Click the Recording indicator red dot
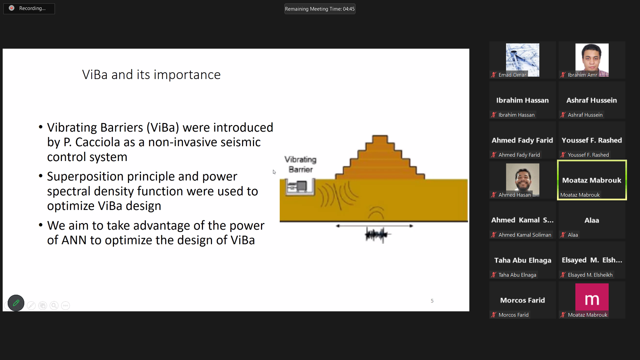pyautogui.click(x=12, y=8)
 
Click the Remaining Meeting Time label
pyautogui.click(x=320, y=9)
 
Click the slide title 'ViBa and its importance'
pyautogui.click(x=151, y=75)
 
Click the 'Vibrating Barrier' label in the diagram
pyautogui.click(x=300, y=164)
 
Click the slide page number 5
pyautogui.click(x=432, y=301)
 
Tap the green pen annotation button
pyautogui.click(x=16, y=303)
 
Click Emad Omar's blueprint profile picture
pyautogui.click(x=522, y=60)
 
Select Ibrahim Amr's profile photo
pyautogui.click(x=592, y=60)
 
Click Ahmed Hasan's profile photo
pyautogui.click(x=522, y=180)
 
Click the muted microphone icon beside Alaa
pyautogui.click(x=563, y=235)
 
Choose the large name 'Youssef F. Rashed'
pyautogui.click(x=592, y=140)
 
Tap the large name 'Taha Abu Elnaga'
pyautogui.click(x=523, y=260)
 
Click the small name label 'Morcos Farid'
pyautogui.click(x=513, y=315)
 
